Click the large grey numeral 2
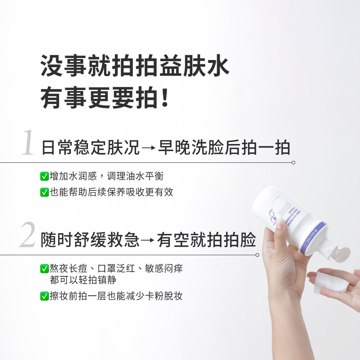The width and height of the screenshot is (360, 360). click(x=28, y=236)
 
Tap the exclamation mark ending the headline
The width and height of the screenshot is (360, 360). click(x=164, y=98)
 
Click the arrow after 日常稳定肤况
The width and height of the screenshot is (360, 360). click(x=148, y=148)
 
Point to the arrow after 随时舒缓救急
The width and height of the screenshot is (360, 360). click(x=148, y=241)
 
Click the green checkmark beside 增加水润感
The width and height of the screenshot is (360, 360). click(x=44, y=176)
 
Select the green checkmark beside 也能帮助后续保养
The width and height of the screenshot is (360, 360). click(x=44, y=192)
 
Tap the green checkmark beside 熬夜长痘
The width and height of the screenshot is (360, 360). click(x=44, y=269)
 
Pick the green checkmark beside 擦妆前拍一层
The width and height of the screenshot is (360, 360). click(x=44, y=296)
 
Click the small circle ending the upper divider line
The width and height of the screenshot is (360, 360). click(x=293, y=163)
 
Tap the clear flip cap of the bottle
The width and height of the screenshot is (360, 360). click(x=340, y=254)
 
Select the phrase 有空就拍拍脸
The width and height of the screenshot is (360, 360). click(x=206, y=241)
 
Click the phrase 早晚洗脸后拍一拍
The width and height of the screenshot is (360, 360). click(x=224, y=148)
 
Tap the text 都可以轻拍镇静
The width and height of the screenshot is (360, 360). click(x=83, y=280)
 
